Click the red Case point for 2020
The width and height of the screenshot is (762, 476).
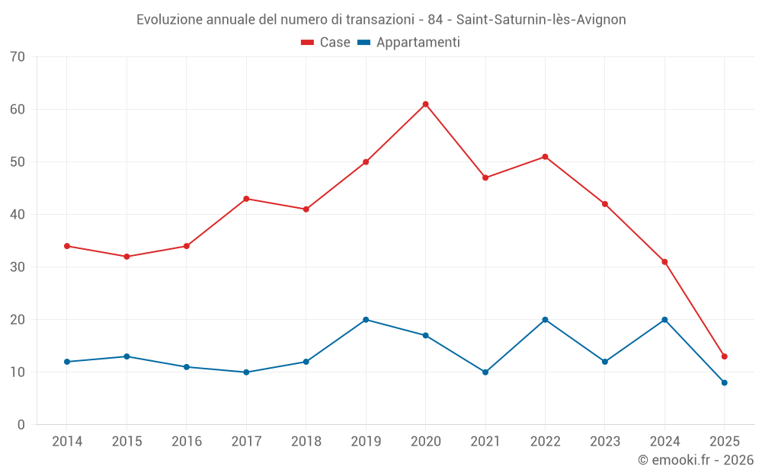425,104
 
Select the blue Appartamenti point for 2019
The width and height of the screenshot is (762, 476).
366,320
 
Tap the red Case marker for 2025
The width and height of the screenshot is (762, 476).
724,356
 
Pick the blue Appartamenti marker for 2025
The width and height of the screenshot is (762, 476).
724,383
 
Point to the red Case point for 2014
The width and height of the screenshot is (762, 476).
67,246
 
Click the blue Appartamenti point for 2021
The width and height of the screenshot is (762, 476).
485,372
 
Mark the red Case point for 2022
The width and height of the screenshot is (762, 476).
545,157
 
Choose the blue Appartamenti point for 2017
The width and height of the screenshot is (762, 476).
246,372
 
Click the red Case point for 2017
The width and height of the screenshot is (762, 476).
246,199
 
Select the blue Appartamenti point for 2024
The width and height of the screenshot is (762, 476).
664,320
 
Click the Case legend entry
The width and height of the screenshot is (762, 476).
326,43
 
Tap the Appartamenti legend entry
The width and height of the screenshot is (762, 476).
409,43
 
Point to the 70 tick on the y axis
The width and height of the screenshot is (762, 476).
18,57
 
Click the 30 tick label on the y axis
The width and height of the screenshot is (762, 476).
18,267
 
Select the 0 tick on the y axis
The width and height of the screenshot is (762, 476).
21,425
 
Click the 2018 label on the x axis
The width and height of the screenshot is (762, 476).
306,442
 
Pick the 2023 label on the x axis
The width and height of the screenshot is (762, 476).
605,442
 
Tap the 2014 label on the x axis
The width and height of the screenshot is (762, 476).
67,442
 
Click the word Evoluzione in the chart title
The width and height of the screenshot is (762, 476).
169,20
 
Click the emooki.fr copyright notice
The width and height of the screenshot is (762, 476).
696,460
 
